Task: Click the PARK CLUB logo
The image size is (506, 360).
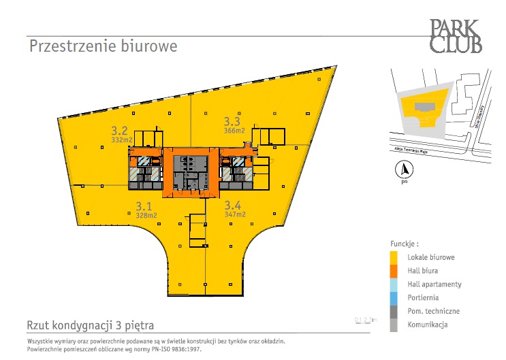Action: tap(456, 36)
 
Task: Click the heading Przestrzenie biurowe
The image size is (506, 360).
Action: tap(103, 46)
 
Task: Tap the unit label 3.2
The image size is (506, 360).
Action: tap(121, 130)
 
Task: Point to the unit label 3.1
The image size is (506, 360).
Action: tap(143, 206)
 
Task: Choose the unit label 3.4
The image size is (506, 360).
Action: tap(233, 205)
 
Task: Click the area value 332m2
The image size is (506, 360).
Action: tap(122, 140)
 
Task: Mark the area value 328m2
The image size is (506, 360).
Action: tap(146, 214)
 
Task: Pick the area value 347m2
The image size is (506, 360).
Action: tap(235, 214)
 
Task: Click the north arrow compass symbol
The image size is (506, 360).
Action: tap(404, 170)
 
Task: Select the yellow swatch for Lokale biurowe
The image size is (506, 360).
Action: tap(394, 257)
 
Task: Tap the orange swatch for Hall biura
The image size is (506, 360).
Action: tap(394, 271)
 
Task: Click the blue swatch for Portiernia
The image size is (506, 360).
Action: tap(394, 297)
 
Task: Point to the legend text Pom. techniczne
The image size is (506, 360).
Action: tap(433, 311)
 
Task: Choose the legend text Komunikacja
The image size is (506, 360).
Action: tap(428, 325)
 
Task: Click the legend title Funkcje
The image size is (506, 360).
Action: tap(405, 243)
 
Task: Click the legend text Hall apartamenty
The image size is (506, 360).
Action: tap(434, 284)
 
